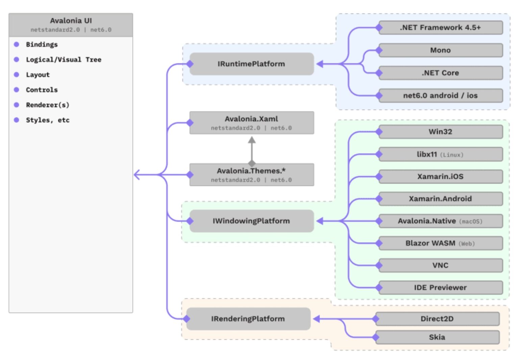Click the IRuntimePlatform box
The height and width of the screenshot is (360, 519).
click(x=251, y=64)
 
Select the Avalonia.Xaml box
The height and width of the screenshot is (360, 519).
click(x=251, y=123)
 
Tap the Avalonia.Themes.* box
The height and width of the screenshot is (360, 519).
click(x=251, y=175)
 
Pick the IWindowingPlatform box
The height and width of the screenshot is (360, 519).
click(x=251, y=221)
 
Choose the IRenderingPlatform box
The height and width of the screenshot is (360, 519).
click(x=248, y=319)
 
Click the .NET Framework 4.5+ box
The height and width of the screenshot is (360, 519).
click(x=440, y=28)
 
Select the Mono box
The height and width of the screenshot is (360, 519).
click(x=440, y=50)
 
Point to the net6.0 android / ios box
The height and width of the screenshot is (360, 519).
click(x=440, y=96)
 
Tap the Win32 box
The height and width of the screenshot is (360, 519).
click(x=440, y=132)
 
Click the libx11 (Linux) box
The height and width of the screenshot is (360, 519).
click(x=440, y=154)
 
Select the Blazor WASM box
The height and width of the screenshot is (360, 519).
click(x=440, y=243)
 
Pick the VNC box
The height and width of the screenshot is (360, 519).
click(x=440, y=265)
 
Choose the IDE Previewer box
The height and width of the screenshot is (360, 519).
click(x=440, y=288)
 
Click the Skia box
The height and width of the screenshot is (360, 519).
click(x=437, y=337)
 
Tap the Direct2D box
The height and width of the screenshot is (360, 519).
click(x=437, y=319)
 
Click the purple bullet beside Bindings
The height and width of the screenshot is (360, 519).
click(x=16, y=44)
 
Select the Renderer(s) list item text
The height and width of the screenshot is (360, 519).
click(x=48, y=105)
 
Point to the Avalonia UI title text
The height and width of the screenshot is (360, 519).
click(x=71, y=21)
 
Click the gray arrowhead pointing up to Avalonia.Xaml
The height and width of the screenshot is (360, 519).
click(x=252, y=140)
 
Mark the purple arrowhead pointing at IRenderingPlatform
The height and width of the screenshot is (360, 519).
click(x=317, y=319)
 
